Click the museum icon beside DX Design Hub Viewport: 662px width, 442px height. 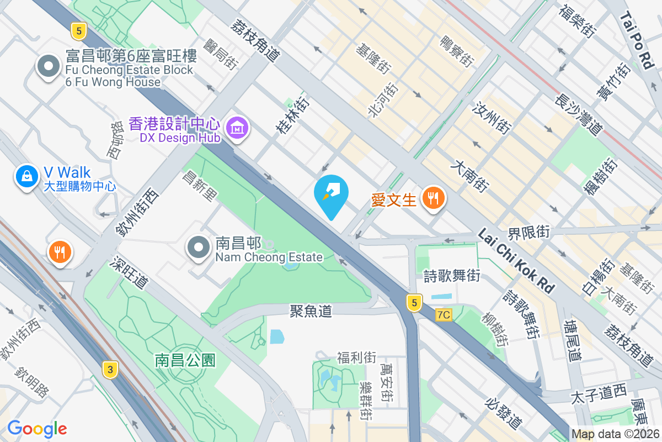pyautogui.click(x=237, y=128)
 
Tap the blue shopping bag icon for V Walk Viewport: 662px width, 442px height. pyautogui.click(x=26, y=176)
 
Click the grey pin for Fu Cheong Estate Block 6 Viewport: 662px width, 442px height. pyautogui.click(x=49, y=66)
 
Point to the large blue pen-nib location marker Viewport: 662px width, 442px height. pyautogui.click(x=331, y=194)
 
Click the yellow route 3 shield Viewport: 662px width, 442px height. pyautogui.click(x=110, y=370)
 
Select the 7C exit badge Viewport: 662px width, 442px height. pyautogui.click(x=443, y=315)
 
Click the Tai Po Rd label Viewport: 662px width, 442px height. pyautogui.click(x=636, y=41)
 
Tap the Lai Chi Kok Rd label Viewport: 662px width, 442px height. pyautogui.click(x=516, y=261)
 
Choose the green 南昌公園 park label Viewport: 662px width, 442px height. pyautogui.click(x=185, y=361)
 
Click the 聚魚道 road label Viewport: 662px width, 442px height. pyautogui.click(x=311, y=311)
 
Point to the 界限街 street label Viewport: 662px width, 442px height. pyautogui.click(x=528, y=232)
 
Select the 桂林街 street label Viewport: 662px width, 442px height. pyautogui.click(x=293, y=115)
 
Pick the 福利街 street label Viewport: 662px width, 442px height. pyautogui.click(x=356, y=357)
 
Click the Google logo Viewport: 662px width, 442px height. pyautogui.click(x=37, y=428)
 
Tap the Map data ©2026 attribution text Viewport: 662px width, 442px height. pyautogui.click(x=615, y=434)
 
